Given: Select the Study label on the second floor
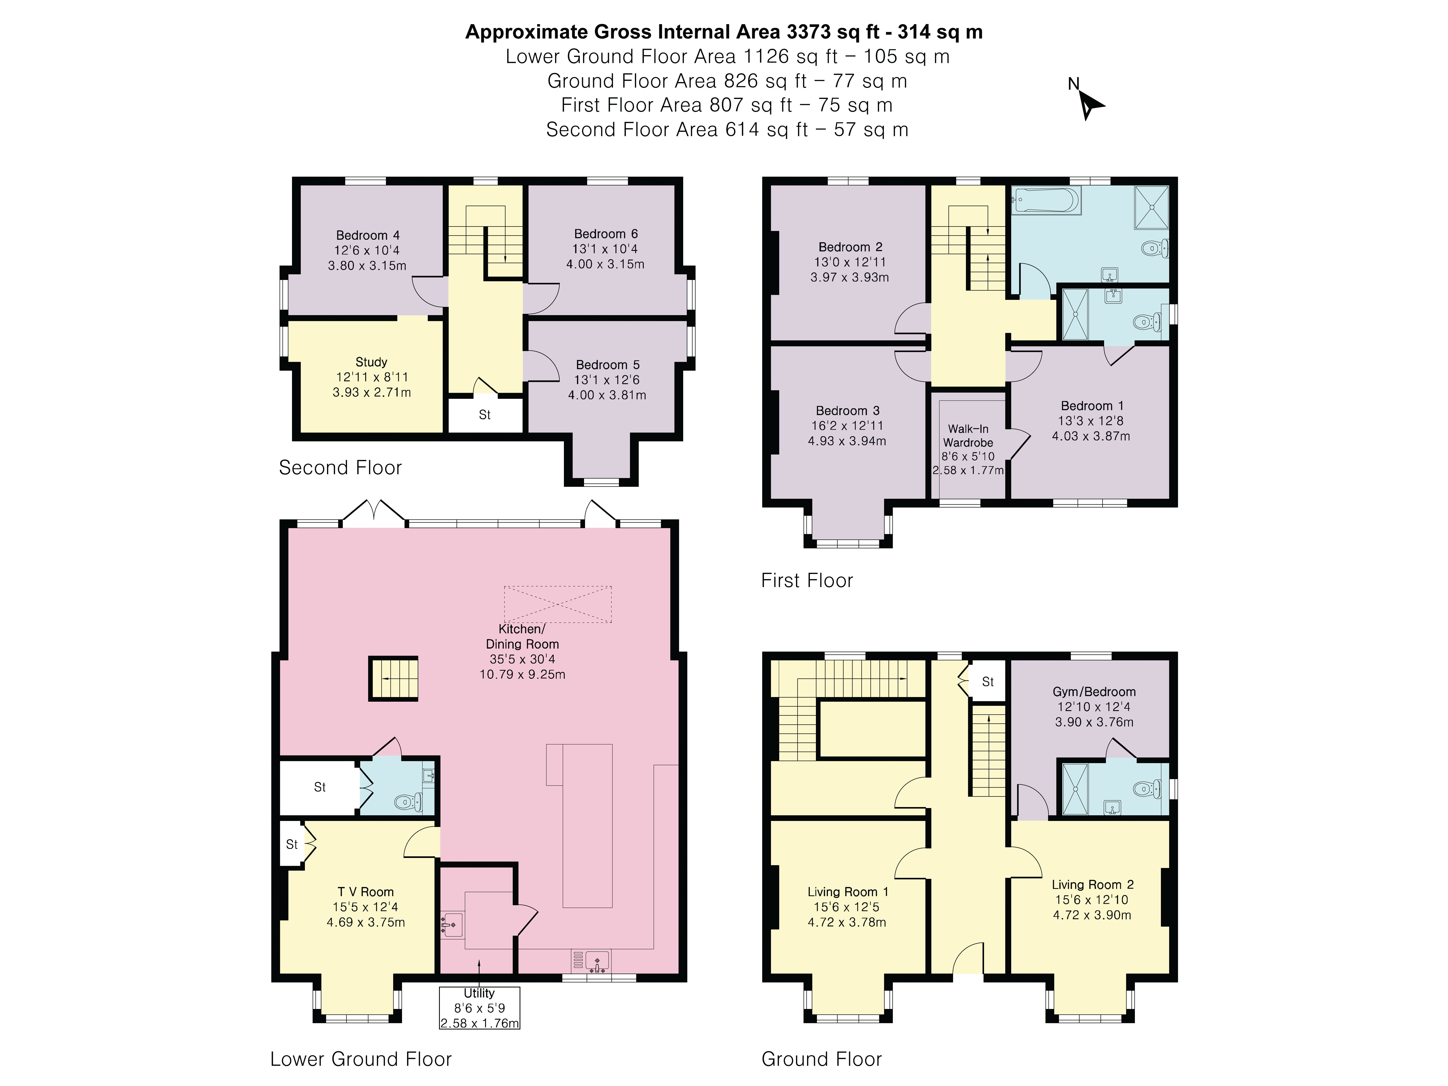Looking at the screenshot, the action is click(371, 362).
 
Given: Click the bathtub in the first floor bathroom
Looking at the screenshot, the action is click(1045, 200).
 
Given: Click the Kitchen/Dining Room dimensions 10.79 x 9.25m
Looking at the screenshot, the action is click(522, 674).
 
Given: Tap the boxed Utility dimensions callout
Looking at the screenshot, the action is click(479, 1008).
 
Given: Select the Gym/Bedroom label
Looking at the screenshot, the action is click(1094, 692).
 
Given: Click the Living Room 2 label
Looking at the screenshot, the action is click(1093, 884).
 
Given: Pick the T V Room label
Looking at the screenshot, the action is click(366, 892).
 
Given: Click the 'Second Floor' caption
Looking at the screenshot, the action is click(340, 467).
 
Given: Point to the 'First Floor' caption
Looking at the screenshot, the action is click(807, 581).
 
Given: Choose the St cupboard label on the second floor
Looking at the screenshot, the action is click(485, 415).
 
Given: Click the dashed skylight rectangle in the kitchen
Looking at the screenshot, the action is click(558, 604).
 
